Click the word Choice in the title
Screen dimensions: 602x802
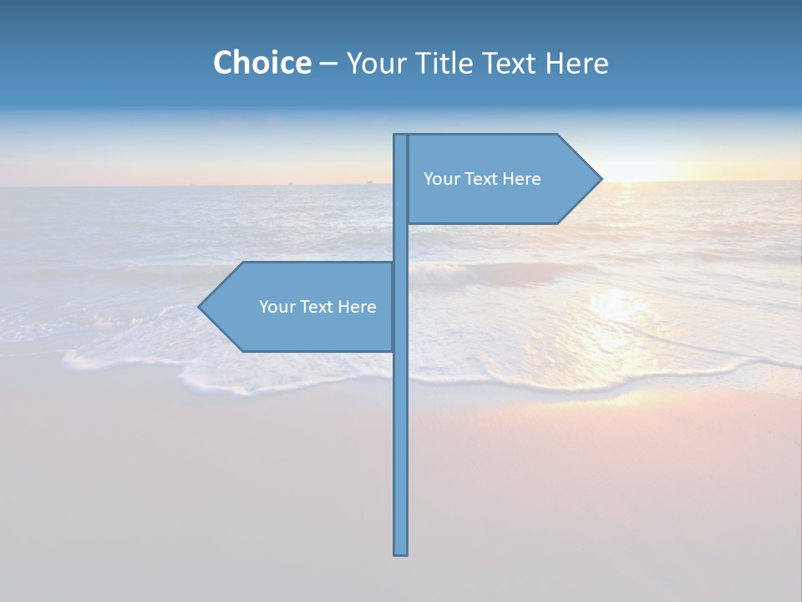point(261,63)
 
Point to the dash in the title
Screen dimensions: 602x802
point(328,64)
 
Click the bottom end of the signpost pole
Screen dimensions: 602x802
point(401,552)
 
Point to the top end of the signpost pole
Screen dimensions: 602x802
point(400,136)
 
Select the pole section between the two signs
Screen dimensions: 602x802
point(401,242)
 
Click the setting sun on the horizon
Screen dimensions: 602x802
point(635,173)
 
